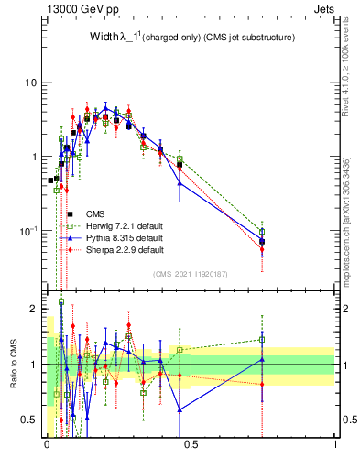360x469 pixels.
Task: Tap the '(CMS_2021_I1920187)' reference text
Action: click(191, 273)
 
